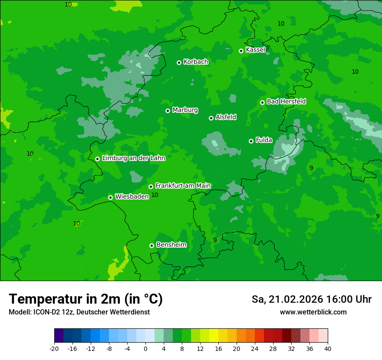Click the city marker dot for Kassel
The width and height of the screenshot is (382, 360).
click(241, 51)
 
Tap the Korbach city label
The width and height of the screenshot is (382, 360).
click(196, 62)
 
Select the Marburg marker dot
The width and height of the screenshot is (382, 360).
click(168, 111)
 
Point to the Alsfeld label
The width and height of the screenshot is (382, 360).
click(226, 117)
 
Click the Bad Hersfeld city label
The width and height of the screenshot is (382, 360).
click(286, 101)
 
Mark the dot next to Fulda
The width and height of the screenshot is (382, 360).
click(251, 141)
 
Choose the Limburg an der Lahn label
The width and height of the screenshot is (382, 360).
click(133, 158)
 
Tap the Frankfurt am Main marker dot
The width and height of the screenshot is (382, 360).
click(151, 187)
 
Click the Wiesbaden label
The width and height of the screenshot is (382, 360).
click(132, 196)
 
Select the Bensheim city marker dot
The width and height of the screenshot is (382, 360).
click(151, 245)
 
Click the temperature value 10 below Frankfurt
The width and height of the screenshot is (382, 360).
click(155, 195)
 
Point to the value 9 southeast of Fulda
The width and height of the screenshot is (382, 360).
click(311, 168)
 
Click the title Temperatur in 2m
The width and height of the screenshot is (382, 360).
click(86, 299)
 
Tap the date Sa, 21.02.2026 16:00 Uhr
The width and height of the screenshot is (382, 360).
click(311, 299)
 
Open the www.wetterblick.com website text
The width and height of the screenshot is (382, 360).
click(313, 312)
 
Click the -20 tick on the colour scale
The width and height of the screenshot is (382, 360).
click(54, 348)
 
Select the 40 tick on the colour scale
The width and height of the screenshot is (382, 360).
click(328, 348)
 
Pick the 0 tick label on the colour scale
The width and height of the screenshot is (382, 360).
click(145, 348)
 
